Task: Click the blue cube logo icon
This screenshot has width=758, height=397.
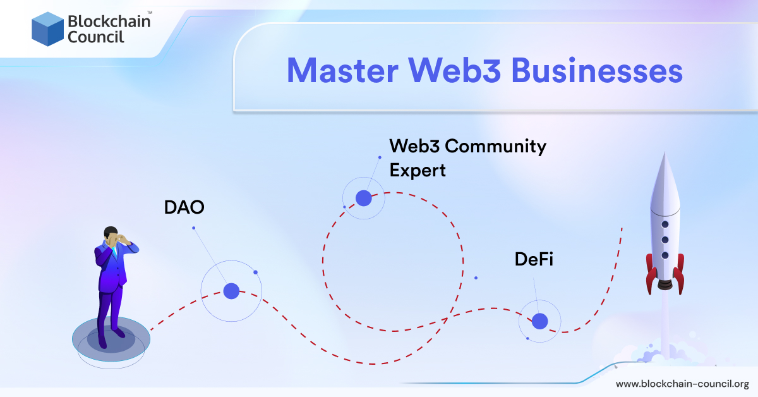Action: point(47,29)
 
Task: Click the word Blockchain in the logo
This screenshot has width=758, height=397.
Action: point(108,21)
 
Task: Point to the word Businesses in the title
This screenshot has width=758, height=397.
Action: point(597,71)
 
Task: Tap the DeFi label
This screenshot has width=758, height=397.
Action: point(534,259)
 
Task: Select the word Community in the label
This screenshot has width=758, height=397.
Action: point(495,147)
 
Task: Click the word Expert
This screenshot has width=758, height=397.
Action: point(418,170)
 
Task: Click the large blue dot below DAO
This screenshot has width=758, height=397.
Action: point(231,291)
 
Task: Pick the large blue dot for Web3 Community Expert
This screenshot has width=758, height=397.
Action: point(363,198)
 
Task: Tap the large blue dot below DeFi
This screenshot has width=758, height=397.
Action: point(539,321)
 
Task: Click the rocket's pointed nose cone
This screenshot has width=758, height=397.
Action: point(664,171)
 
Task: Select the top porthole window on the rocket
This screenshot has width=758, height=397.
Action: point(665,224)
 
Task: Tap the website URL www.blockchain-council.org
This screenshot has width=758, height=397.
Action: point(682,384)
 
